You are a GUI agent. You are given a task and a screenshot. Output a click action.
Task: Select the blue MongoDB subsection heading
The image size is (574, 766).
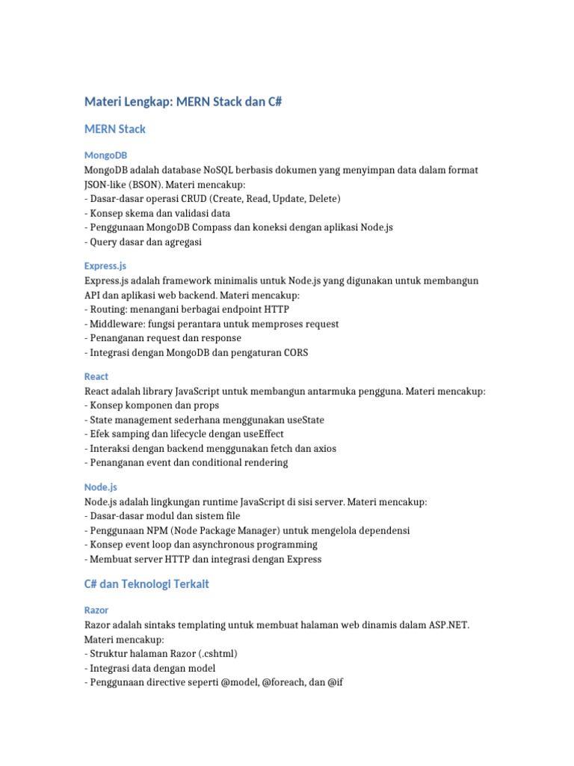tap(105, 156)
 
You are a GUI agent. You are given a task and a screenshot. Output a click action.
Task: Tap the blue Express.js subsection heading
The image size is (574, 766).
tap(105, 266)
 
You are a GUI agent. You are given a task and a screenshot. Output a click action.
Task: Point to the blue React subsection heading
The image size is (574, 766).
tap(96, 376)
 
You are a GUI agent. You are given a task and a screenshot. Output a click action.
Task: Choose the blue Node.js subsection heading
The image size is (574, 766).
tap(101, 487)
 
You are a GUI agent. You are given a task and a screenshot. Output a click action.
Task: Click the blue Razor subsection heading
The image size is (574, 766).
tap(96, 610)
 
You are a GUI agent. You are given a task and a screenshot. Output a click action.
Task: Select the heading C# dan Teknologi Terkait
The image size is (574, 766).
tap(146, 584)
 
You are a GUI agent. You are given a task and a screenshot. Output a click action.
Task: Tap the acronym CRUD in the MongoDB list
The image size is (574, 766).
tap(192, 199)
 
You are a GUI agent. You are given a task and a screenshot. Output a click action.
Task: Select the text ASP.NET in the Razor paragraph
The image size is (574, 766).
tap(448, 625)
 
